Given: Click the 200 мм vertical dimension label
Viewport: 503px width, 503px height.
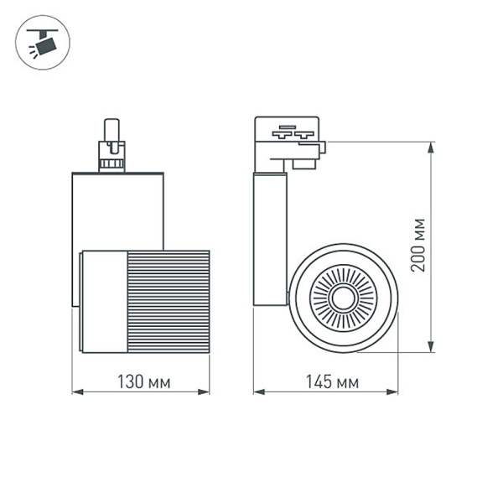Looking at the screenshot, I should [x=419, y=245].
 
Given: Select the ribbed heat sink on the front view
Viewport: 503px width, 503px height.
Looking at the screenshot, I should [x=168, y=300].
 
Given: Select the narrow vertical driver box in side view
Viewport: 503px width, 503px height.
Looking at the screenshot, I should [x=270, y=239].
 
